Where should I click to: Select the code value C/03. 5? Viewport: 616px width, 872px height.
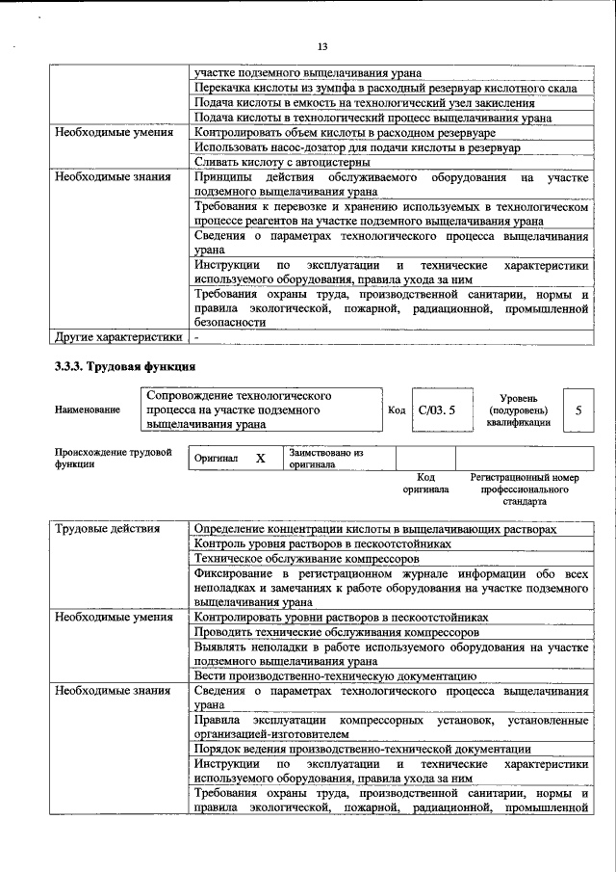pyautogui.click(x=435, y=410)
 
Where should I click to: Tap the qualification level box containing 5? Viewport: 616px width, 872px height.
pyautogui.click(x=577, y=410)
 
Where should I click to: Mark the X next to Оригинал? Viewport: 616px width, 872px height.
pyautogui.click(x=260, y=459)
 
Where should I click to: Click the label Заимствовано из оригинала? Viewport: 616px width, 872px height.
pyautogui.click(x=326, y=458)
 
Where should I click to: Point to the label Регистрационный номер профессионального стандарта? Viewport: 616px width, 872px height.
pyautogui.click(x=525, y=489)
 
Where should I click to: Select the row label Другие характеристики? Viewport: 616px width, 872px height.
pyautogui.click(x=117, y=337)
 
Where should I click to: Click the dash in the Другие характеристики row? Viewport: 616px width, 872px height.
pyautogui.click(x=197, y=337)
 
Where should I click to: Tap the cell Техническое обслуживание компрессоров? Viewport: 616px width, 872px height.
pyautogui.click(x=306, y=558)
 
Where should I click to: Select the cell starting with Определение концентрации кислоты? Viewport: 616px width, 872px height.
pyautogui.click(x=374, y=529)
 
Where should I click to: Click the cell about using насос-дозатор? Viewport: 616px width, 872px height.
pyautogui.click(x=356, y=147)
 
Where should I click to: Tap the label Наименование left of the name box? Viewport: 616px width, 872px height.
pyautogui.click(x=88, y=410)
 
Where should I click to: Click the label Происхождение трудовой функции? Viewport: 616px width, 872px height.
pyautogui.click(x=113, y=458)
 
